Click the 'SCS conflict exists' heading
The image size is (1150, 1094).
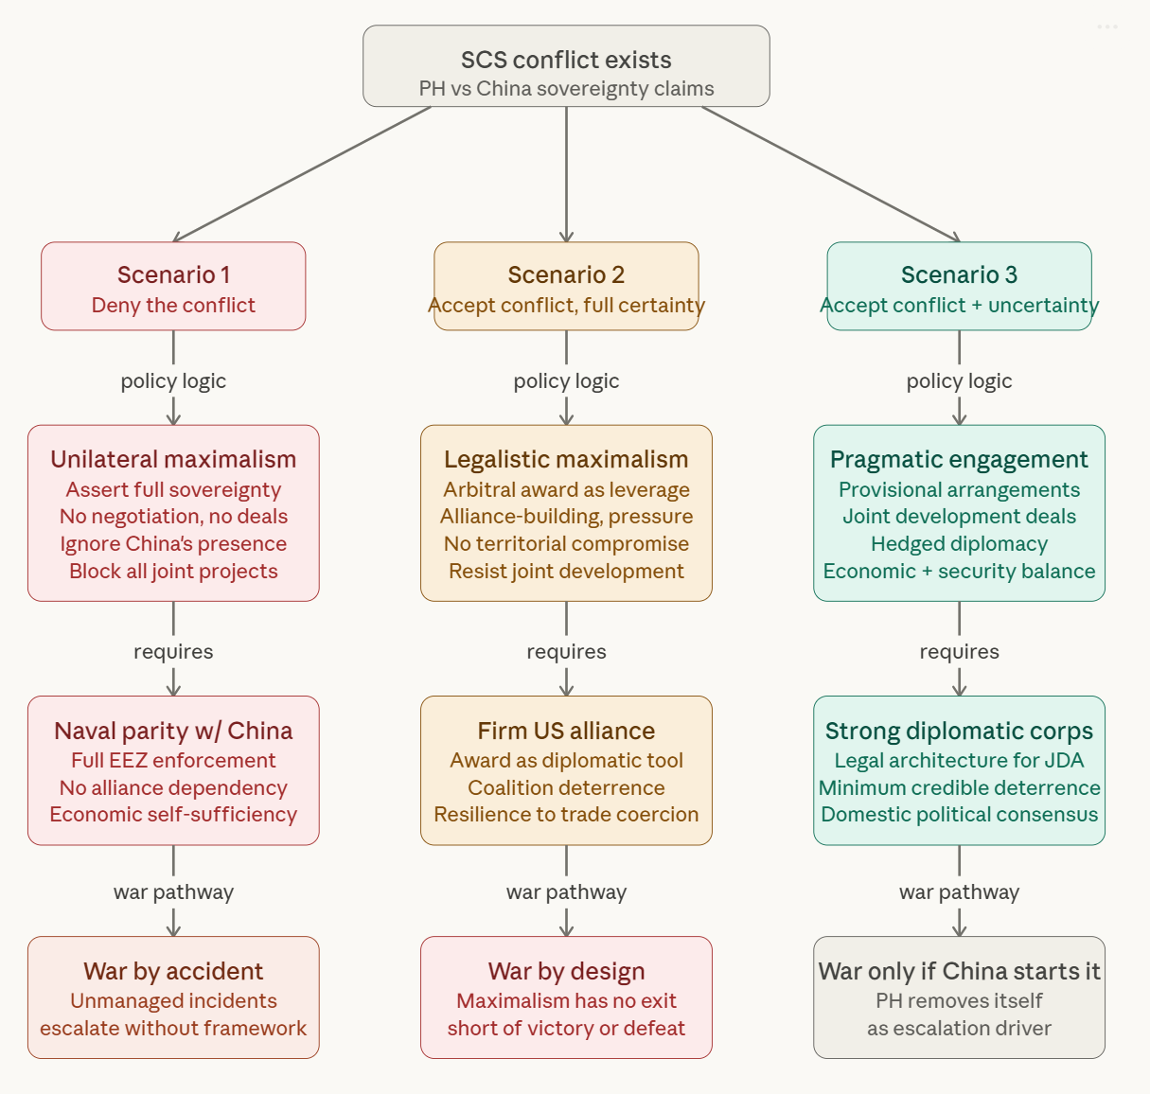click(x=566, y=60)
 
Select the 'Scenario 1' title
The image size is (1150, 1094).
click(x=173, y=274)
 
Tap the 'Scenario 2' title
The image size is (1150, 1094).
click(x=566, y=274)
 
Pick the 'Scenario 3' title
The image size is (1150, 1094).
click(x=959, y=274)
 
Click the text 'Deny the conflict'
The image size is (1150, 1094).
click(x=173, y=305)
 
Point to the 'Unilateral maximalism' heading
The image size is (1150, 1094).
click(x=173, y=459)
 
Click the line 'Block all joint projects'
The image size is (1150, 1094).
click(x=173, y=571)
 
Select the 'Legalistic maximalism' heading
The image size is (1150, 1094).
click(x=566, y=459)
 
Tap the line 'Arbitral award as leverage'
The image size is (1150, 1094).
click(x=566, y=489)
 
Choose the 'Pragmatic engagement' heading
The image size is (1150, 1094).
click(x=959, y=459)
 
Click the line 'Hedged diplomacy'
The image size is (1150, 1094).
click(x=959, y=544)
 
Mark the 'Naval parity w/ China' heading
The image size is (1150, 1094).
click(x=173, y=731)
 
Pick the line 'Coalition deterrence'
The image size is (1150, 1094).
click(x=566, y=787)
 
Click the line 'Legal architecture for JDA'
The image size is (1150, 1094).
click(x=959, y=761)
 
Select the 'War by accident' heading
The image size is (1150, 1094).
click(x=173, y=971)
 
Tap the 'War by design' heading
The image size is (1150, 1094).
click(x=566, y=971)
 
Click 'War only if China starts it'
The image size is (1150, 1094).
click(x=959, y=971)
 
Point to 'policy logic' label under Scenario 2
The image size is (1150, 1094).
click(x=566, y=380)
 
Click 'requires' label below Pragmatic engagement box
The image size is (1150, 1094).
click(x=959, y=652)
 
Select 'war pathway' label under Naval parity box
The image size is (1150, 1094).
click(x=173, y=892)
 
